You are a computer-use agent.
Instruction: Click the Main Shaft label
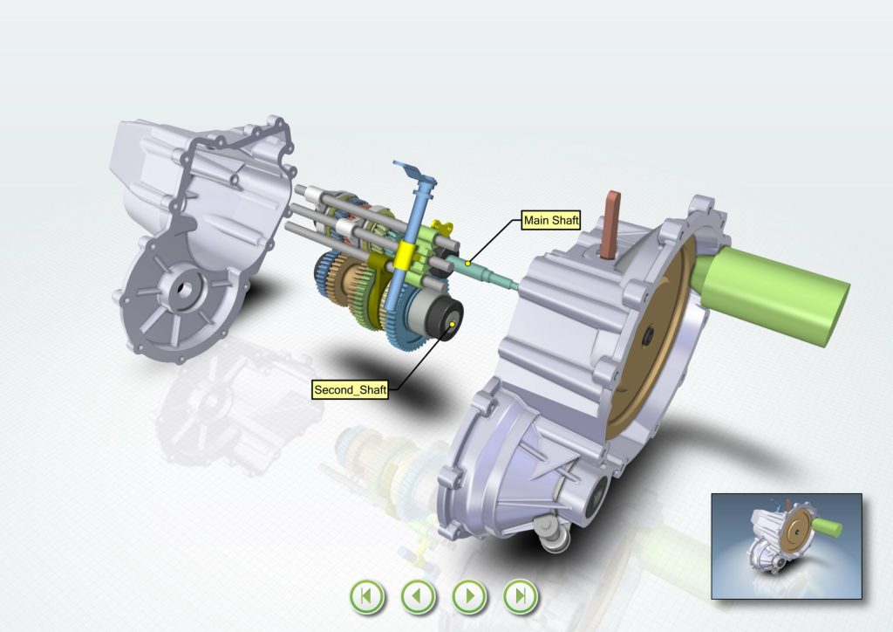551,220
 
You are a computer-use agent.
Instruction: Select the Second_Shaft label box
351,390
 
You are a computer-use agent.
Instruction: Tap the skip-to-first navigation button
367,597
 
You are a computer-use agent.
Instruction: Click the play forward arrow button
469,597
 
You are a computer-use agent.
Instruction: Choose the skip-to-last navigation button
521,597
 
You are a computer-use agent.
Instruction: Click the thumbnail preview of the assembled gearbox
787,546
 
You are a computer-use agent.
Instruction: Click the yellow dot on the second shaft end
453,324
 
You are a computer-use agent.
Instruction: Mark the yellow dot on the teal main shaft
467,264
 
